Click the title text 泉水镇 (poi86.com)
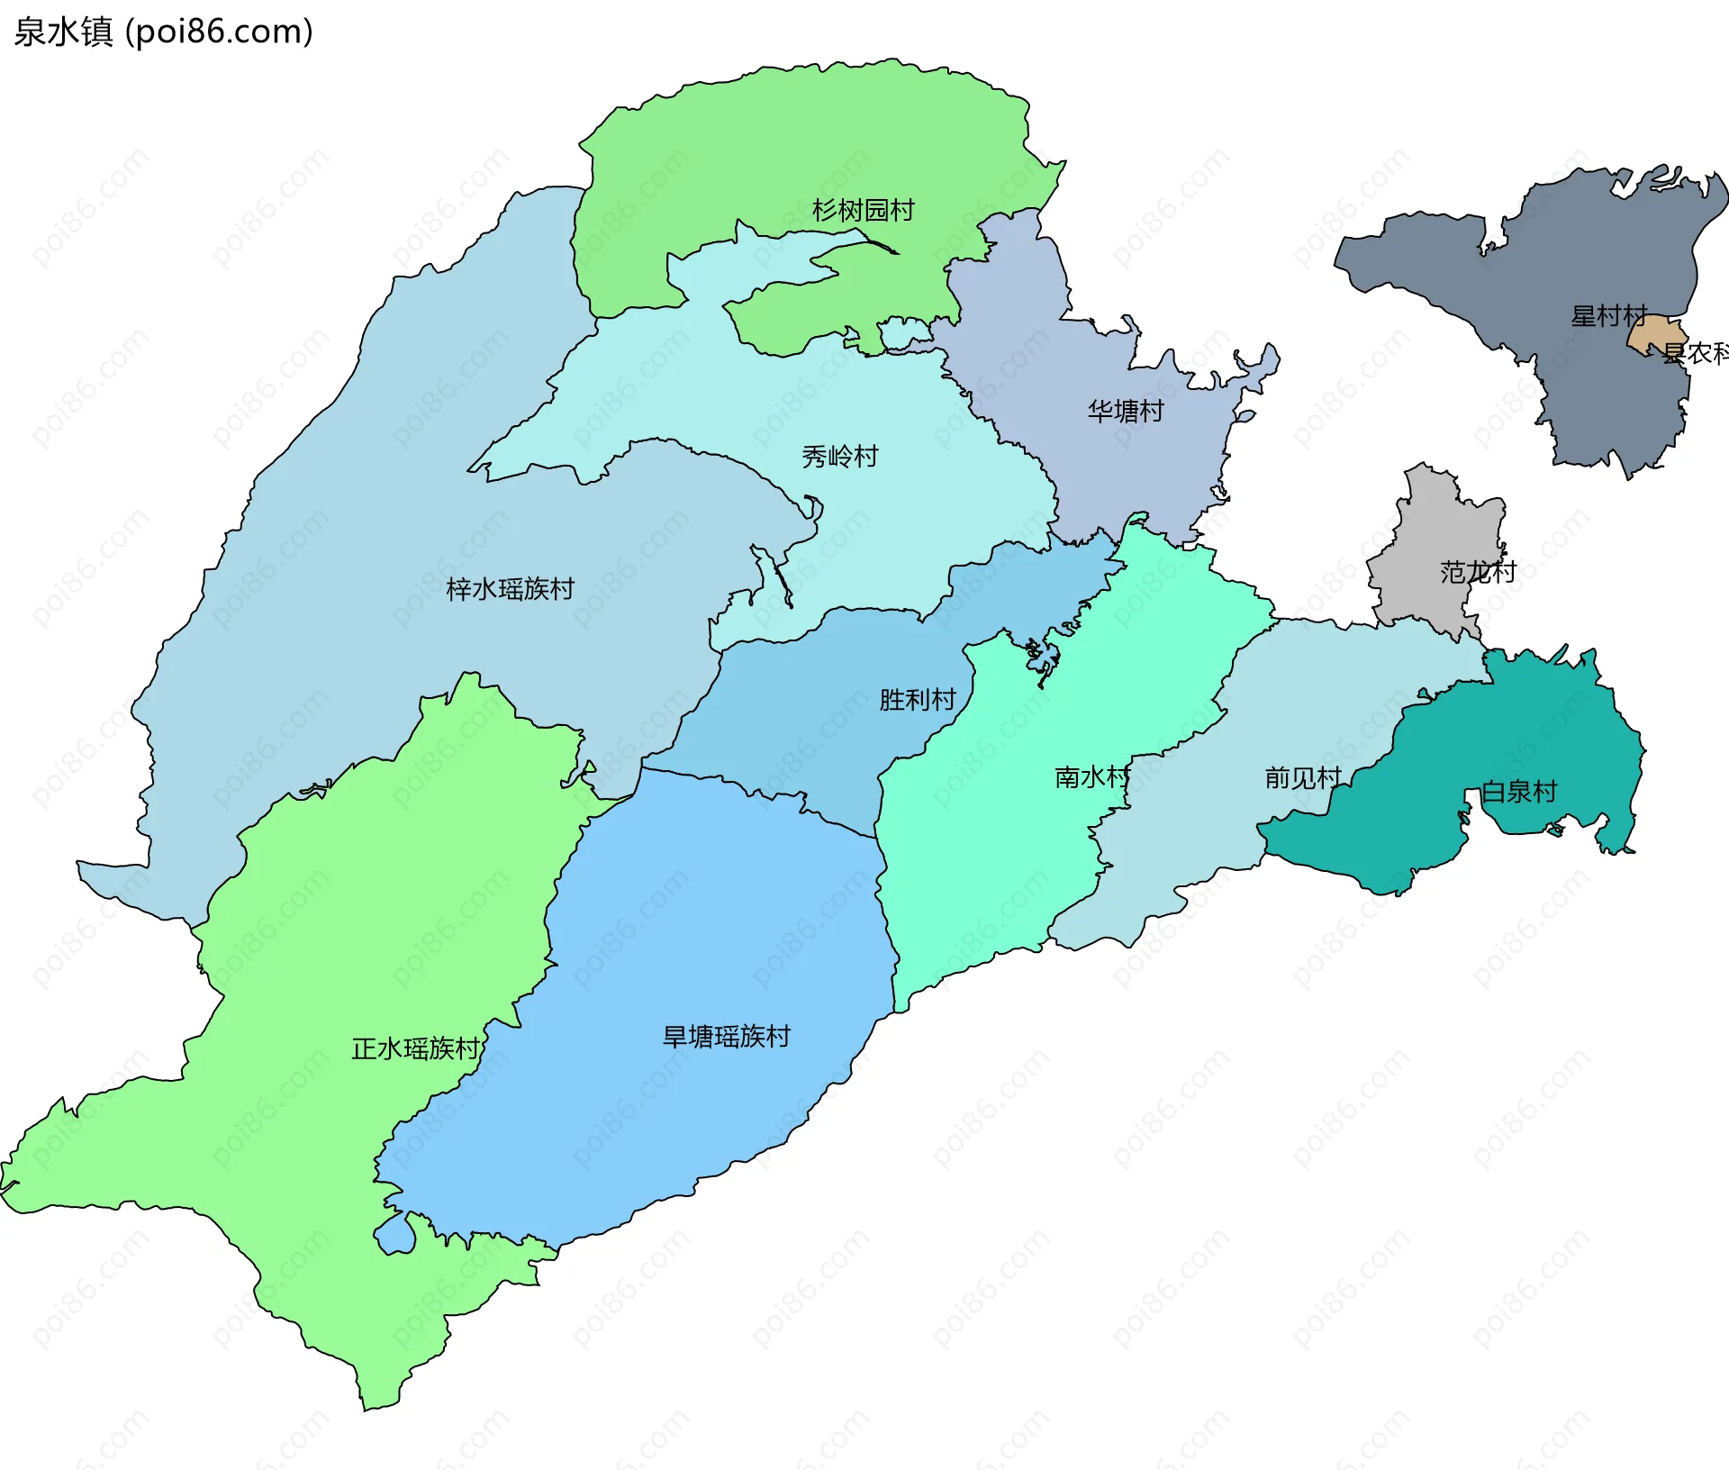tap(163, 32)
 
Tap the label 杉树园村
tap(863, 210)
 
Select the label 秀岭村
tap(839, 456)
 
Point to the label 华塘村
tap(1126, 411)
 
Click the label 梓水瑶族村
tap(510, 588)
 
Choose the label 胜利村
tap(917, 699)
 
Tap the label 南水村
tap(1091, 776)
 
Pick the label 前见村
tap(1302, 776)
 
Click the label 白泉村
tap(1519, 791)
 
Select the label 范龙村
tap(1478, 571)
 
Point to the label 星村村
tap(1608, 315)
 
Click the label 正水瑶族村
tap(415, 1048)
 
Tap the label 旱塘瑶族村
tap(726, 1036)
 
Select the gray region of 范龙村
tap(1432, 540)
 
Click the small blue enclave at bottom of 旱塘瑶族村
tap(394, 1234)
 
